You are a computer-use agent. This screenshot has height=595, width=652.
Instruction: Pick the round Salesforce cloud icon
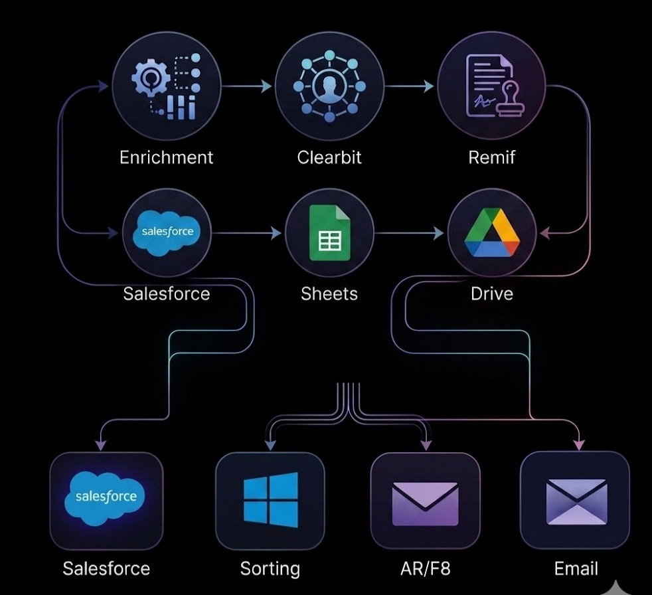[167, 232]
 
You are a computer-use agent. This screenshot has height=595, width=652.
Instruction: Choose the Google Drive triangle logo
[492, 232]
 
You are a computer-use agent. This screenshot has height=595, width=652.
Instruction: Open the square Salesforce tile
[106, 500]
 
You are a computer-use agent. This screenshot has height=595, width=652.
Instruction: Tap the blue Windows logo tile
[270, 500]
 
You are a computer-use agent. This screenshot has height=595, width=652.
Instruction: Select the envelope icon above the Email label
[575, 501]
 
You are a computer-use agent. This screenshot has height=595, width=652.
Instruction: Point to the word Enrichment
[166, 157]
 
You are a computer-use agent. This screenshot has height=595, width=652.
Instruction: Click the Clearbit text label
[329, 157]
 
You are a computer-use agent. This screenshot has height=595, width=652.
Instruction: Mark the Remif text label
[492, 157]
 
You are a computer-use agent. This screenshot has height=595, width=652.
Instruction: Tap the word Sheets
[329, 294]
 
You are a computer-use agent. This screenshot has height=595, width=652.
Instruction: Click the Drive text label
[492, 294]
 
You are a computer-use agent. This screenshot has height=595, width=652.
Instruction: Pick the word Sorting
[270, 569]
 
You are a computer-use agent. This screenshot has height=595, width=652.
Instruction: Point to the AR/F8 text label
[425, 569]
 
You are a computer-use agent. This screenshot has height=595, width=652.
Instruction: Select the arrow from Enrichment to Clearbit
[247, 86]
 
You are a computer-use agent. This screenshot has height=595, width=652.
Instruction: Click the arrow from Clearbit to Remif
[410, 86]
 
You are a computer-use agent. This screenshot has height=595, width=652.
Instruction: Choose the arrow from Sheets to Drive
[410, 233]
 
